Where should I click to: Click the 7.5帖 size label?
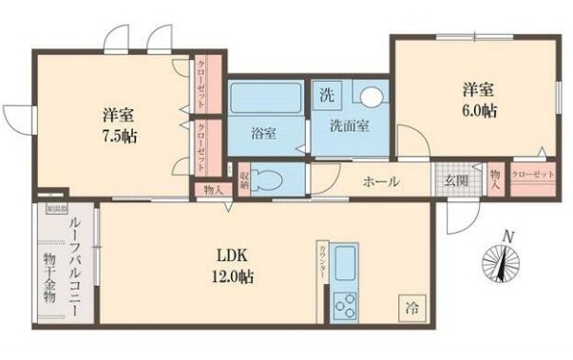(x=119, y=135)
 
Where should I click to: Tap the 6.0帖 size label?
(x=480, y=111)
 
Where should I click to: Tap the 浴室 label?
(x=263, y=134)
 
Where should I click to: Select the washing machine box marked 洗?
(x=327, y=94)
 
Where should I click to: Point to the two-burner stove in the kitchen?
(x=344, y=305)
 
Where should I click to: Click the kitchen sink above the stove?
(x=344, y=262)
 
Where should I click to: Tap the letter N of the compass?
(x=509, y=237)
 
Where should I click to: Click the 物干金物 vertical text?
(x=49, y=280)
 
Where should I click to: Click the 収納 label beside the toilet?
(x=243, y=179)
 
